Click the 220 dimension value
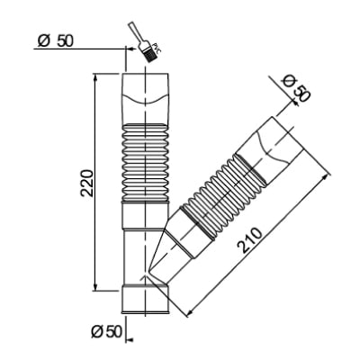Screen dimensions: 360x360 tap(87, 184)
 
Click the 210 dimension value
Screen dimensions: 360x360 tap(249, 240)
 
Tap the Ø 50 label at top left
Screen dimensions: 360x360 tap(56, 41)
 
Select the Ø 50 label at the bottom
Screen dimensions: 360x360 tap(106, 332)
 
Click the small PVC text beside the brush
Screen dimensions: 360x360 tap(157, 49)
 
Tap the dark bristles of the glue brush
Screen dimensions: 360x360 tap(149, 55)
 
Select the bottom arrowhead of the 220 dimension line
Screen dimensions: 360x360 tap(95, 287)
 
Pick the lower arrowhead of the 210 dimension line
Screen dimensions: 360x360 tap(189, 313)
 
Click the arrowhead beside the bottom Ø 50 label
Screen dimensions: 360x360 tap(130, 339)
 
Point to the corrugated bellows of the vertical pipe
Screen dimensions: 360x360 tap(145, 162)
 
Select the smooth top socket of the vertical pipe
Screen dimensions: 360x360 tap(146, 98)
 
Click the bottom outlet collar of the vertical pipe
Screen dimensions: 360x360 tap(145, 300)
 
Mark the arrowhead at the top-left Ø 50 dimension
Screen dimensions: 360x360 tap(130, 48)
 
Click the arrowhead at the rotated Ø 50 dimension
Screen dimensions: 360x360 tap(295, 103)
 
